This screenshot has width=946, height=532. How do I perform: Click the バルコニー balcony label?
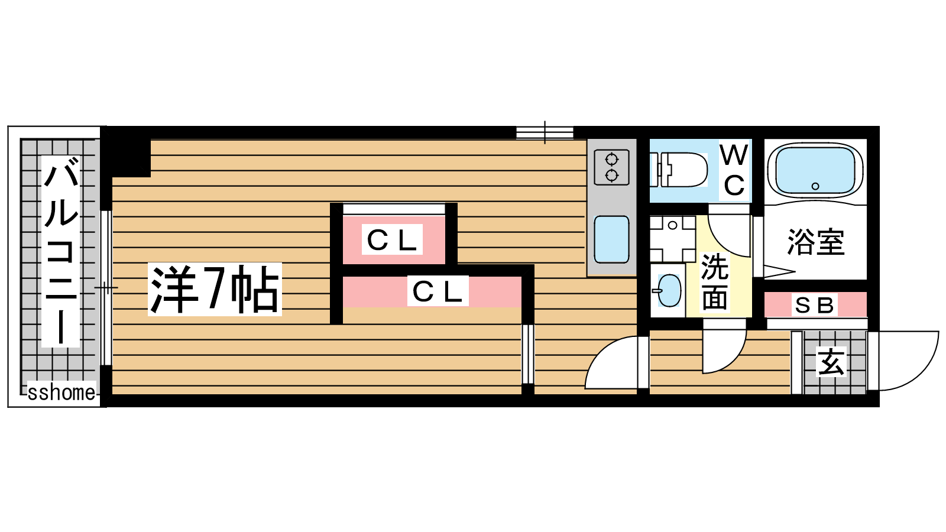tap(61, 251)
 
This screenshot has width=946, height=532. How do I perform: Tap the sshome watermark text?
tap(61, 392)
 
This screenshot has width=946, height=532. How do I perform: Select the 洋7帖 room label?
tap(215, 289)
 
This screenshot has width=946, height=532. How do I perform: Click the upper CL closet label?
tap(392, 239)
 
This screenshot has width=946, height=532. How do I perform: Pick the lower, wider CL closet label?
tap(438, 291)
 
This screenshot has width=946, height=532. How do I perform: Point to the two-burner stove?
tap(611, 168)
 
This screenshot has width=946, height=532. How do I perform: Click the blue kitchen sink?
tap(611, 239)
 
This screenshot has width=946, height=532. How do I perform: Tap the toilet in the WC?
tap(679, 170)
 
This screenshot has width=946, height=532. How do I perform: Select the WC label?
tap(734, 170)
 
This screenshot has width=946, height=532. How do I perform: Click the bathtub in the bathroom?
tap(815, 170)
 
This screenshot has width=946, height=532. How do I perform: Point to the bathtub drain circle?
tap(815, 186)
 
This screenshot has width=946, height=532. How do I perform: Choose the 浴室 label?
tap(816, 242)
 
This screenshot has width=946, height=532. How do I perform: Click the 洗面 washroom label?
tap(715, 281)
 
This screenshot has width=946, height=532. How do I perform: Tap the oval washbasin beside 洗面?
tap(669, 290)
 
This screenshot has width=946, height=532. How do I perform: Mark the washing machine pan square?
tap(673, 239)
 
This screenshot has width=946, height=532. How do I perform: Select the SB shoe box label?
tap(815, 305)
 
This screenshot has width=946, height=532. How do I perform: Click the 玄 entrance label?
tap(831, 362)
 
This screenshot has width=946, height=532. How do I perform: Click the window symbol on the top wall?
tap(545, 132)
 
